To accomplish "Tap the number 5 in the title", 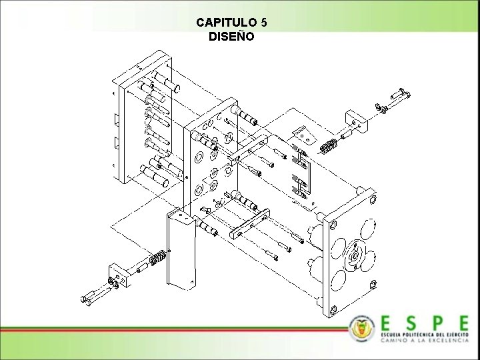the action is [x=264, y=22].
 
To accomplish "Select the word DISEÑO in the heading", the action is [x=231, y=37].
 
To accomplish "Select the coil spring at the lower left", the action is [x=157, y=257].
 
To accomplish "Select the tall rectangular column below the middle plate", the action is [x=181, y=250].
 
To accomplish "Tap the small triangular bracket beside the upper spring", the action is [x=307, y=135].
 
